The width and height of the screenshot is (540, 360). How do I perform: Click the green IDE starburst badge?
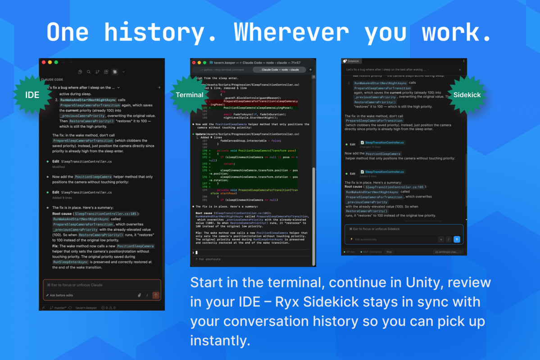32,95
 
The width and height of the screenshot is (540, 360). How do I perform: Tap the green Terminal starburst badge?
190,95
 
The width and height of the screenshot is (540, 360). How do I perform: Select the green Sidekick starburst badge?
466,95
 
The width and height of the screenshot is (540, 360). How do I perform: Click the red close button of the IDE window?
44,62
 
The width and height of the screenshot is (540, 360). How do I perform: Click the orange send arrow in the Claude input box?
156,295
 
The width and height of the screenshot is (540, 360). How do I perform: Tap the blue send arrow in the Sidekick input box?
457,239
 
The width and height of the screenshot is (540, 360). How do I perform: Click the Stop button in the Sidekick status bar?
389,252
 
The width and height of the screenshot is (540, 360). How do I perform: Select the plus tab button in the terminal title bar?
310,70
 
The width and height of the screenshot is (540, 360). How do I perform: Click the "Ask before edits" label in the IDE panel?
61,295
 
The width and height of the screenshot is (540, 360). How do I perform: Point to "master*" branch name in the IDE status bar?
59,308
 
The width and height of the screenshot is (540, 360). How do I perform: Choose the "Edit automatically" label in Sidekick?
366,239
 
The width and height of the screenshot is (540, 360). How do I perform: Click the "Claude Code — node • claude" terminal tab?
279,70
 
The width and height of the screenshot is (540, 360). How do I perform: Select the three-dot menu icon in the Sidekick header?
463,61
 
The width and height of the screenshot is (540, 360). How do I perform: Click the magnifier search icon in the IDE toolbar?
88,72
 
